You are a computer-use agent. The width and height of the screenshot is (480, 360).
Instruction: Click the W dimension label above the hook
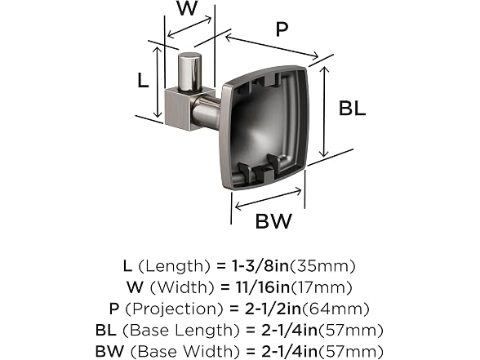pos(187,7)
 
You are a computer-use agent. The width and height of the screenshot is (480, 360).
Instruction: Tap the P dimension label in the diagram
pos(282,29)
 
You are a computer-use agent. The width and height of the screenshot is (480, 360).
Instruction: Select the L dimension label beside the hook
pos(143,81)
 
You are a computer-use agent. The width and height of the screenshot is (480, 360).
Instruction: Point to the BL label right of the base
pos(353,108)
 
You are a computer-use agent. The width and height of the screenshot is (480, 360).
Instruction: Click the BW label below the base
pos(273,221)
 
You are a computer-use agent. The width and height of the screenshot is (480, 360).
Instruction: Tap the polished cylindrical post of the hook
pos(189,73)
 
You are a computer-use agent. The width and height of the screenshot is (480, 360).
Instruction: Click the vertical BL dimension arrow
pos(324,112)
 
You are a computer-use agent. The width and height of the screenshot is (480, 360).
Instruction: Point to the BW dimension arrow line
pos(268,199)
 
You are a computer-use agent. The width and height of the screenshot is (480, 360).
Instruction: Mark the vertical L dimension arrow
pos(158,82)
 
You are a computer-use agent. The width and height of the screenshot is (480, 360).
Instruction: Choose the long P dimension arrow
pos(272,47)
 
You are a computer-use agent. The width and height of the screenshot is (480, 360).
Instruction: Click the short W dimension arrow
pos(189,27)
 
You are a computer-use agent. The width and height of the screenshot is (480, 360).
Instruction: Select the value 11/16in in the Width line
pos(263,287)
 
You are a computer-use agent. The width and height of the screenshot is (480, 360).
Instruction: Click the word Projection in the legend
pos(174,309)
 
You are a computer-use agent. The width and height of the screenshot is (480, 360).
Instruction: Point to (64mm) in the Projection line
pos(336,309)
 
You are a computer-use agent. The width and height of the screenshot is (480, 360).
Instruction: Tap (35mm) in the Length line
pos(322,266)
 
